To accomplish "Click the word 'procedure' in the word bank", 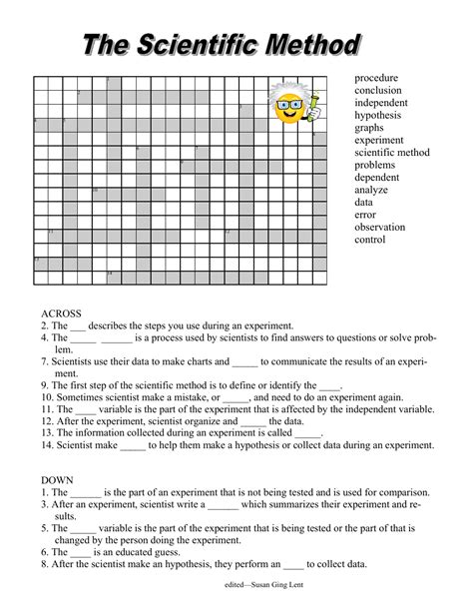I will pos(376,78).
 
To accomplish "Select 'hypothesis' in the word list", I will pos(378,115).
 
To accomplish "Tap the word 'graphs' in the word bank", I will pos(370,128).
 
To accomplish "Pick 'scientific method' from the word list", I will pos(391,153).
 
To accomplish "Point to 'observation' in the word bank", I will pos(381,228).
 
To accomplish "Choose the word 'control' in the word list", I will pos(369,240).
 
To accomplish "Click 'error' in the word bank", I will pos(365,215).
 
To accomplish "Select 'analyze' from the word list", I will pos(372,190).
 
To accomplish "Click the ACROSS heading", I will pos(62,312).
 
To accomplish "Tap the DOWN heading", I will pos(58,479).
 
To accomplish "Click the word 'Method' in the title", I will pos(302,45).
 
